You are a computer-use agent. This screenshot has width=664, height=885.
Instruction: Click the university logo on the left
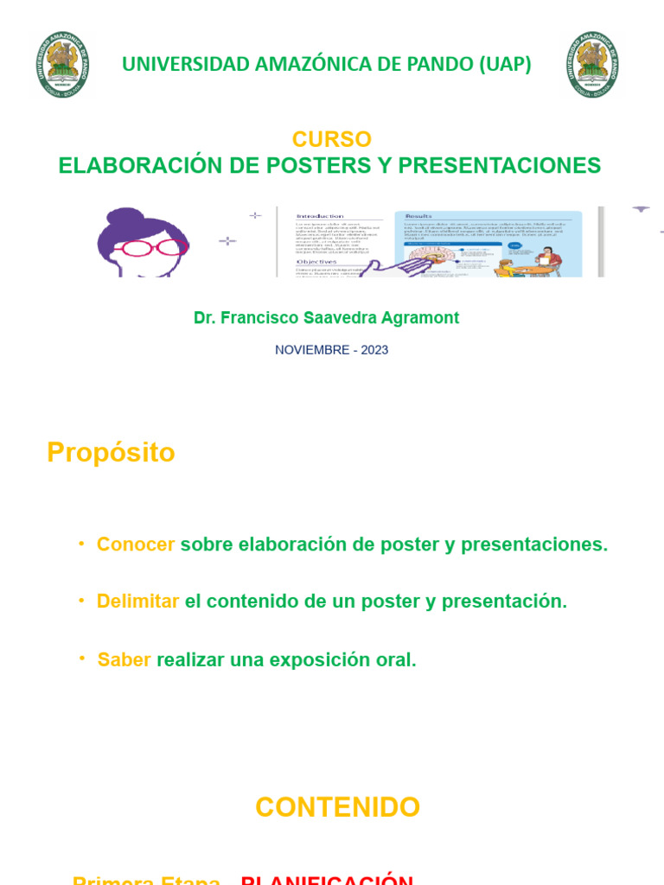(x=63, y=64)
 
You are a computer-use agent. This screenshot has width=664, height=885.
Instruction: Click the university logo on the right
(x=593, y=64)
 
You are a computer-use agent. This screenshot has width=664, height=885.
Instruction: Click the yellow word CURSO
(x=331, y=139)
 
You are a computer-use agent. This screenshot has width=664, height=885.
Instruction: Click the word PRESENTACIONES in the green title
(x=502, y=166)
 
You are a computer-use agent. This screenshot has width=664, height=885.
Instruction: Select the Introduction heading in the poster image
(x=319, y=216)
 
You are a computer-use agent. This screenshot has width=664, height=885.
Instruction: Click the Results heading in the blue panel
(x=417, y=216)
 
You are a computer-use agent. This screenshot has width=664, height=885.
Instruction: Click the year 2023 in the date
(x=373, y=350)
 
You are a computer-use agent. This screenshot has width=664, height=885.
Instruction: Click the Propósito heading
(x=111, y=453)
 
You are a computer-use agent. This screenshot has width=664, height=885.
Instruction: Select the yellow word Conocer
(x=136, y=544)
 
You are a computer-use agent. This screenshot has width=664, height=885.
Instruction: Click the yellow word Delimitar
(x=138, y=602)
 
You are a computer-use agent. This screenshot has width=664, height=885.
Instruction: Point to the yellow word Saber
(x=124, y=660)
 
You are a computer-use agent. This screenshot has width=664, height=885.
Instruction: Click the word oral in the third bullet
(x=395, y=660)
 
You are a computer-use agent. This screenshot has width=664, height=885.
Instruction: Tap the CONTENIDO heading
(x=337, y=807)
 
